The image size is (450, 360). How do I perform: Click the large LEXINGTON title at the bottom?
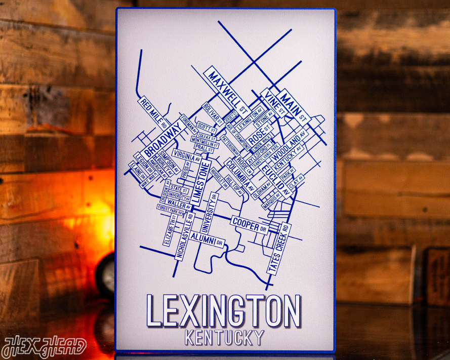point(224,310)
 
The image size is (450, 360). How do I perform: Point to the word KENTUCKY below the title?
point(224,337)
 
